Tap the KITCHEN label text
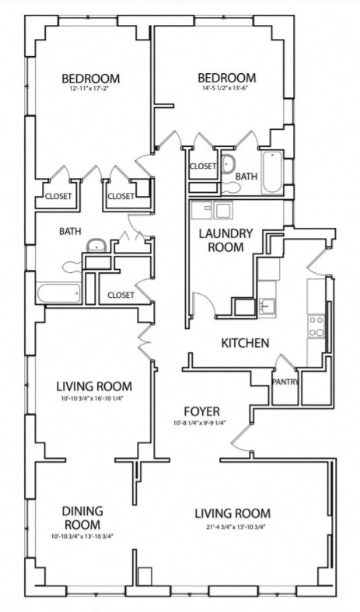click(245, 343)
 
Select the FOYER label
click(201, 411)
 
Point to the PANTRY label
click(285, 381)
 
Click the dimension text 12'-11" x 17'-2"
click(90, 90)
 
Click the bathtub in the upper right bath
click(272, 173)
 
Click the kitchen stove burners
click(316, 325)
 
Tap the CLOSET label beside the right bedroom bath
click(203, 166)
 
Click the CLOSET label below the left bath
click(121, 295)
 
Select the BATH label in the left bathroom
click(70, 231)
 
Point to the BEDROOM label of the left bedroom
click(90, 78)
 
